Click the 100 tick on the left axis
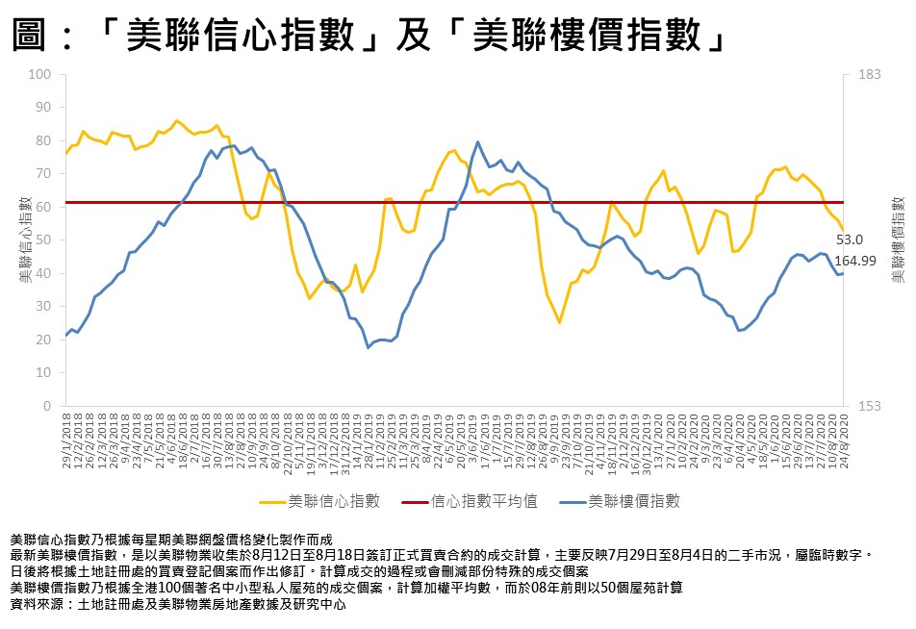[x=40, y=75]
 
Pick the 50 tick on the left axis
[x=43, y=240]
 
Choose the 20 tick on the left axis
[x=43, y=340]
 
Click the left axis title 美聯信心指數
[x=23, y=239]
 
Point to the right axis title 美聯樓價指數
[x=897, y=239]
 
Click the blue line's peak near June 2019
[x=478, y=142]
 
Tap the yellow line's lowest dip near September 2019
[x=559, y=322]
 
